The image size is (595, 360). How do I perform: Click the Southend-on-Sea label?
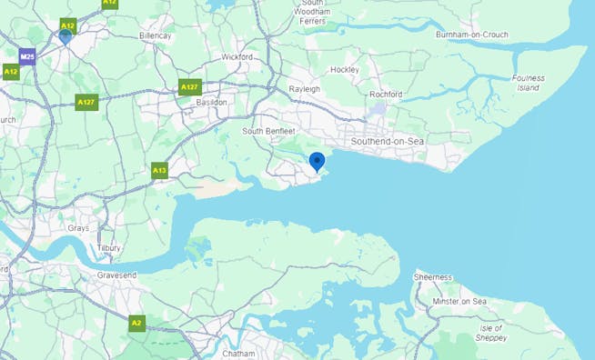pos(388,142)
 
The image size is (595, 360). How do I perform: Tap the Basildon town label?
pos(212,103)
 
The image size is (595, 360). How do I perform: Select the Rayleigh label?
pos(304,89)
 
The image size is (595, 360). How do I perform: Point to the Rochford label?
pos(386,95)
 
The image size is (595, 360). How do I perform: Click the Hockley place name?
pos(345,70)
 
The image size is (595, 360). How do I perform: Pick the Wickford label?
pos(237,56)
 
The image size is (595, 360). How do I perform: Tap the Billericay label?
pos(155,35)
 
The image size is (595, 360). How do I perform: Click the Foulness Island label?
pos(528,83)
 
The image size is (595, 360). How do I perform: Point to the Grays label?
pos(78,228)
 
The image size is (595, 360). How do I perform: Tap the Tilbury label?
pos(108,247)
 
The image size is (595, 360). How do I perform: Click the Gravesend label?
pos(116,274)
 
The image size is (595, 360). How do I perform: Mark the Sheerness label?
pos(433,276)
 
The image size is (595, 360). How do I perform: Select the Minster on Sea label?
pos(460,301)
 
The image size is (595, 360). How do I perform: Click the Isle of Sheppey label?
pos(491,332)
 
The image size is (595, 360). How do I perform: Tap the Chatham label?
pos(238,353)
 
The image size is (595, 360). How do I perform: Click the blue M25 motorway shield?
pos(27,55)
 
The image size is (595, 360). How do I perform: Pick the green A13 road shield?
pos(159,170)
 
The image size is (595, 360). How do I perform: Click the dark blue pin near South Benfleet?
pos(317,162)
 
